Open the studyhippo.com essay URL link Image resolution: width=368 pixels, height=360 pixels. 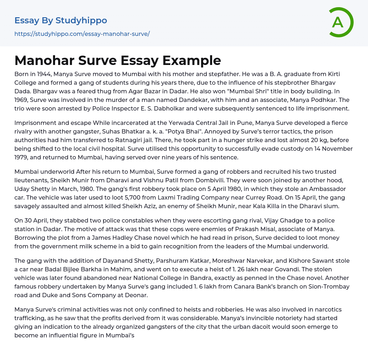82,34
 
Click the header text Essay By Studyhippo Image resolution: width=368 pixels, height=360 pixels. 61,20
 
